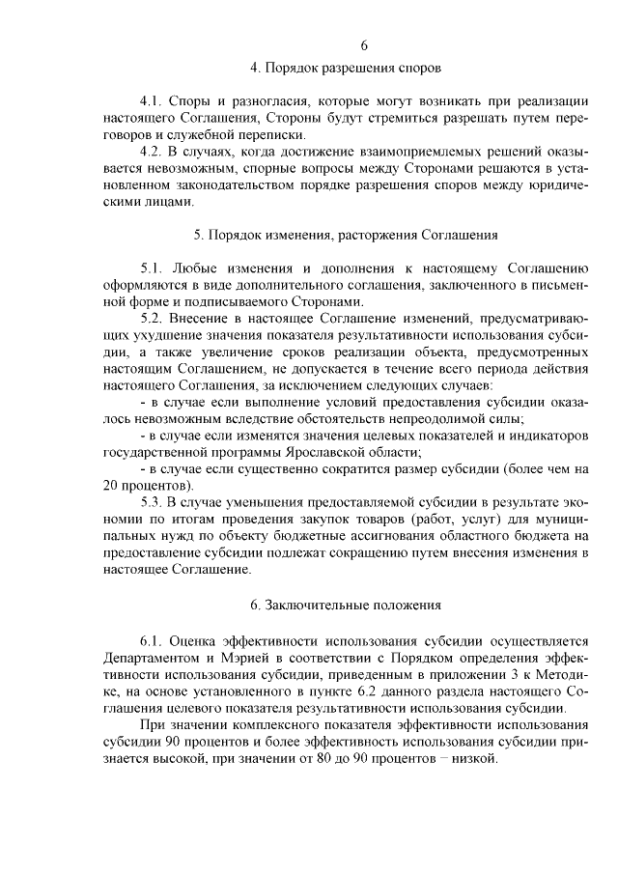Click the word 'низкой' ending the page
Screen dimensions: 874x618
[x=472, y=758]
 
